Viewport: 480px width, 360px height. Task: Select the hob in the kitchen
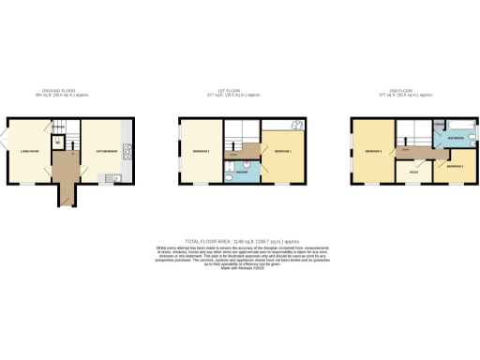pyautogui.click(x=126, y=149)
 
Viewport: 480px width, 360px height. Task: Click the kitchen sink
pyautogui.click(x=111, y=178)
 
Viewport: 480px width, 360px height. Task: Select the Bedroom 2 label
pyautogui.click(x=284, y=151)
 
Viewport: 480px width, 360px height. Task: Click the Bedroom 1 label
pyautogui.click(x=201, y=151)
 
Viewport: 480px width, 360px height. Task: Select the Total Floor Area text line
pyautogui.click(x=240, y=240)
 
